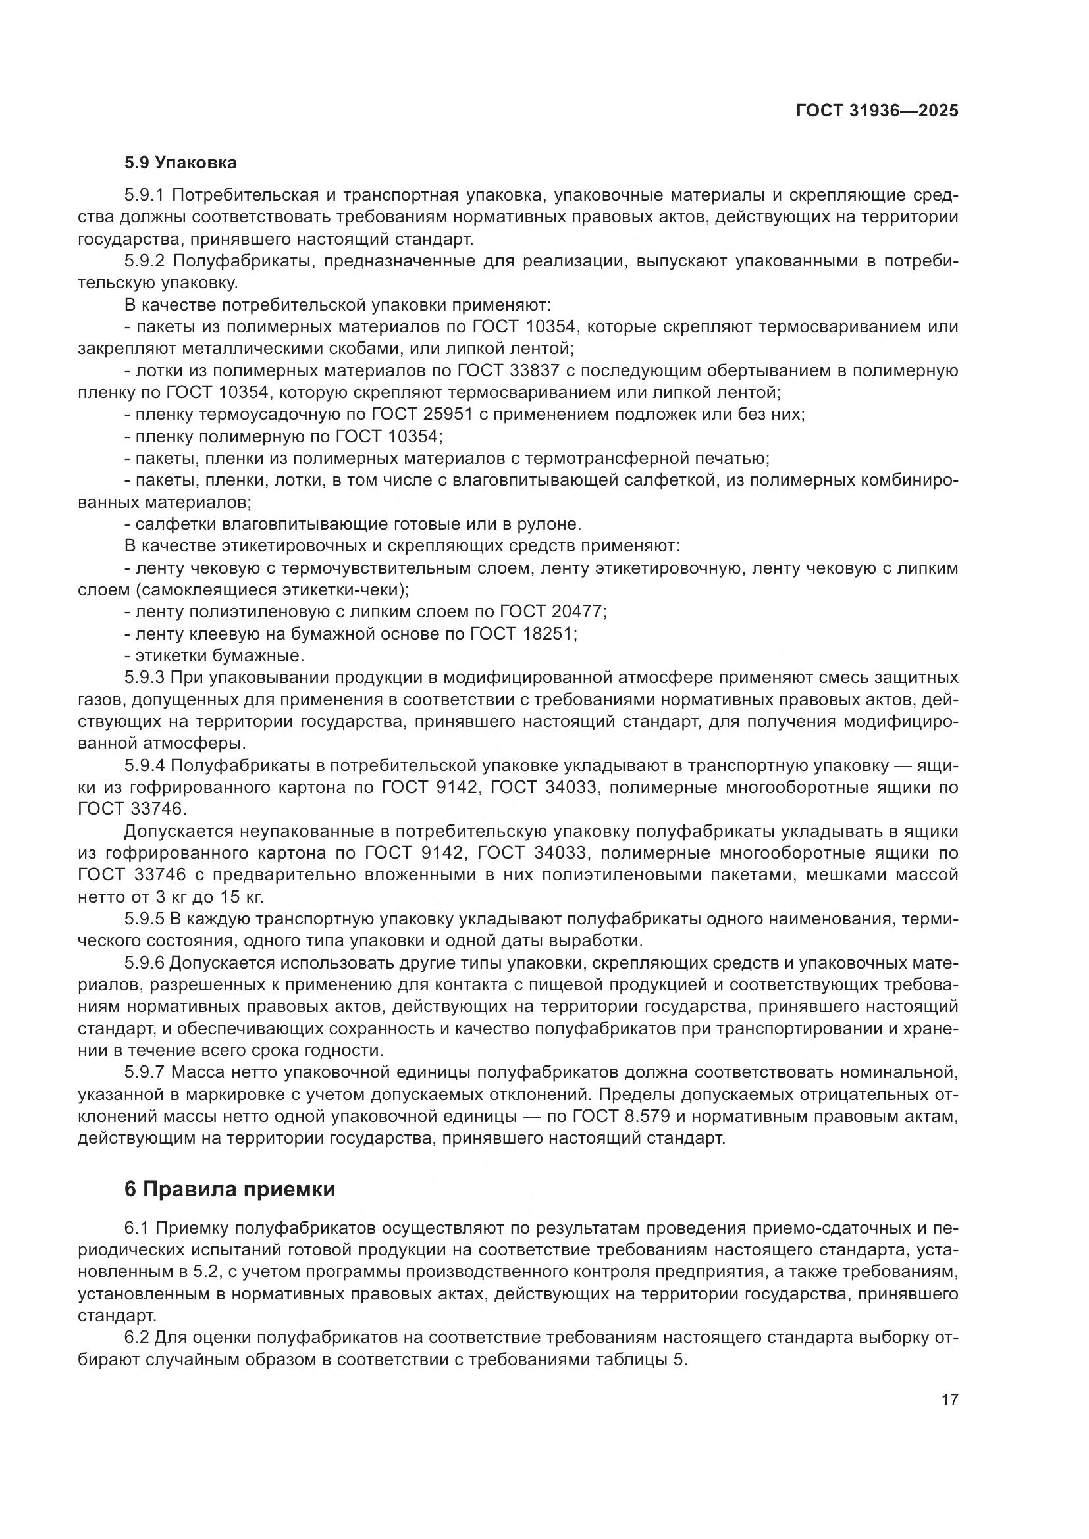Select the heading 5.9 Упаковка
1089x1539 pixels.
click(x=180, y=163)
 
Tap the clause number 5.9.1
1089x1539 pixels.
click(x=144, y=195)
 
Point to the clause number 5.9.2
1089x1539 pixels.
click(x=144, y=261)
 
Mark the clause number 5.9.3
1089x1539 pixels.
click(x=144, y=678)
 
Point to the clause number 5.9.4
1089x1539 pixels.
click(x=144, y=765)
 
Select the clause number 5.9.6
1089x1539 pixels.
click(x=144, y=963)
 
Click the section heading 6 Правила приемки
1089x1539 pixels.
click(x=230, y=1190)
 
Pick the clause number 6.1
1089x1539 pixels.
click(x=137, y=1228)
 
